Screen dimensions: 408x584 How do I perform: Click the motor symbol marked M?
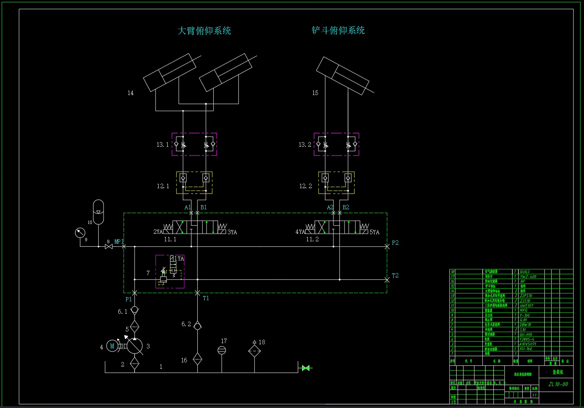click(112, 346)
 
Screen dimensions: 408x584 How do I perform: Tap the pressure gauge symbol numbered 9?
click(80, 233)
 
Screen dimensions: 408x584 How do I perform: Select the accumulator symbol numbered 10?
click(98, 212)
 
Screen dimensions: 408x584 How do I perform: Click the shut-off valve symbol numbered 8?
click(109, 247)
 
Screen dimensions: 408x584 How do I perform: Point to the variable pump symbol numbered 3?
click(135, 345)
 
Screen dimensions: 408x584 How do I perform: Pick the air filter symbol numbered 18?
click(254, 350)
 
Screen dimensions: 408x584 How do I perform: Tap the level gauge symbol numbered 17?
click(222, 350)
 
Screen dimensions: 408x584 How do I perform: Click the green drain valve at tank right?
click(306, 368)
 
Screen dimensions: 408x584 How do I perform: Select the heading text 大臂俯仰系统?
click(204, 31)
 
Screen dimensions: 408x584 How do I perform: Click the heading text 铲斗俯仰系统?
click(338, 30)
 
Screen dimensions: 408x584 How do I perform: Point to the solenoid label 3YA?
click(232, 232)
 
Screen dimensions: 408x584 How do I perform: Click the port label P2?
click(395, 243)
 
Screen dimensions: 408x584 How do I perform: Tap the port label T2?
click(395, 276)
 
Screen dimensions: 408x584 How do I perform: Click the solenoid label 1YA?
click(179, 259)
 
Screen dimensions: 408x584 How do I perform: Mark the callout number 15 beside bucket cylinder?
click(315, 93)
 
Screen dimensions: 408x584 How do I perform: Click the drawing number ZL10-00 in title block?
click(558, 384)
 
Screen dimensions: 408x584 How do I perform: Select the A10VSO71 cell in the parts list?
click(527, 344)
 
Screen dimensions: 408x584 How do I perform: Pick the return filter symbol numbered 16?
click(197, 359)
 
